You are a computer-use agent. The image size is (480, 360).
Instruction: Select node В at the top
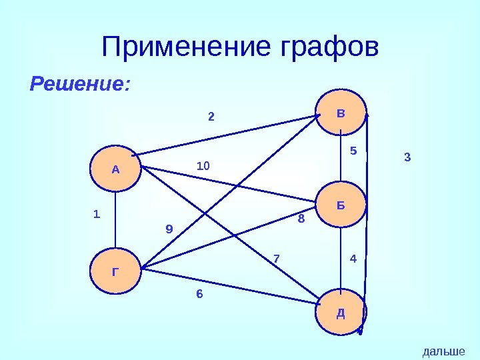tap(341, 113)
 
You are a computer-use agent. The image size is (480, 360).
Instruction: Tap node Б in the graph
tap(341, 205)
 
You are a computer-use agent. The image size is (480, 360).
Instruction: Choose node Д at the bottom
tap(341, 311)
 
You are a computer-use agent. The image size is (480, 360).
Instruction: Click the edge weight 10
tap(203, 164)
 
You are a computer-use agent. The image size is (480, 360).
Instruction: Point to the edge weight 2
tap(211, 117)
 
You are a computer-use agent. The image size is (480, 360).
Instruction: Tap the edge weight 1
tap(96, 215)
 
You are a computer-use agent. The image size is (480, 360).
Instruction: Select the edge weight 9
tap(169, 229)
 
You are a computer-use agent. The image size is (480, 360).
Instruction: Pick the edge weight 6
tap(199, 294)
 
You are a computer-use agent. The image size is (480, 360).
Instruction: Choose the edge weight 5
tap(354, 151)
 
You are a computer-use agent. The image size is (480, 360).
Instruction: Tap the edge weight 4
tap(353, 257)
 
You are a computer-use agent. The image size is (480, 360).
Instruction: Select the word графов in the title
tap(327, 47)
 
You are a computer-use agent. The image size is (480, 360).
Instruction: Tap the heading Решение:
tap(80, 85)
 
